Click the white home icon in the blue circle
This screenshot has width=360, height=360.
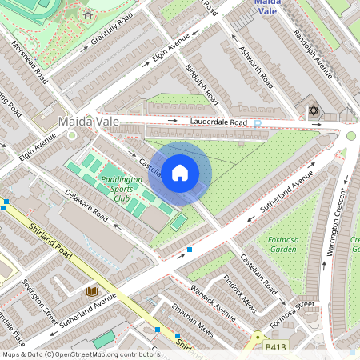(x=180, y=173)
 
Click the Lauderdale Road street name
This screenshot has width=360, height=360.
(x=218, y=122)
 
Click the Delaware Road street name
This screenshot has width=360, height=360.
(x=86, y=206)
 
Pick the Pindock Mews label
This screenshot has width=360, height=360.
(x=239, y=294)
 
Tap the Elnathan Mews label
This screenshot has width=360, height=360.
(x=196, y=323)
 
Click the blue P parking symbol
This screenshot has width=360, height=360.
(x=257, y=123)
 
